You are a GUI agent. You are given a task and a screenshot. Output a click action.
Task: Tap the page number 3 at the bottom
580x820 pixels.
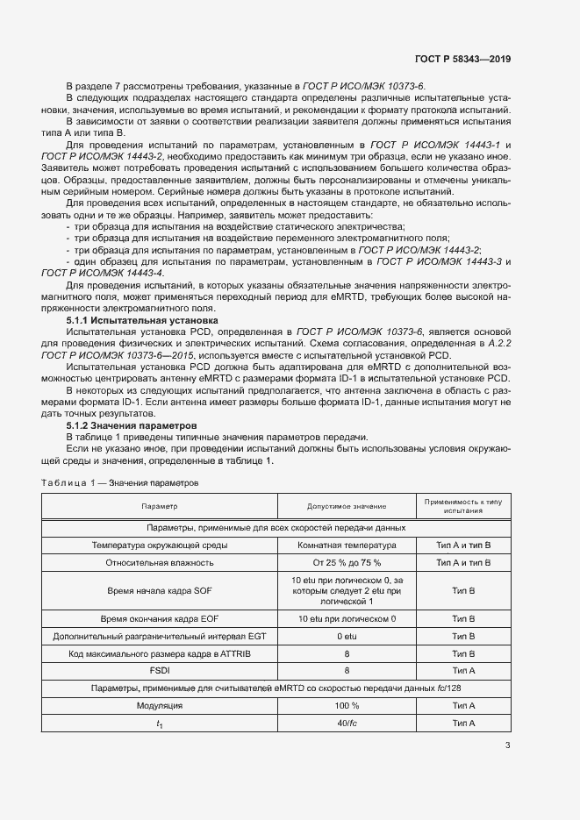coord(508,746)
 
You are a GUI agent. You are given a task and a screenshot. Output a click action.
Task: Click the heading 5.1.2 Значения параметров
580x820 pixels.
coord(126,425)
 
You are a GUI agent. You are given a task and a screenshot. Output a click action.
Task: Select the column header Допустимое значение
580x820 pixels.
coord(347,506)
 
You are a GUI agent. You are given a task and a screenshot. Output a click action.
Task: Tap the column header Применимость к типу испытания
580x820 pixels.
coord(462,506)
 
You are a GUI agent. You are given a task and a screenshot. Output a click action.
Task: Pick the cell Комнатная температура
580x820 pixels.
coord(347,545)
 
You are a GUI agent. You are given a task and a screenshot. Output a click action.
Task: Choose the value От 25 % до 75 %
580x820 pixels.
coord(347,564)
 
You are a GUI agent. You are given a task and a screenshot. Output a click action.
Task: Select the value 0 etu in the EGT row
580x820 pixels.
coord(347,636)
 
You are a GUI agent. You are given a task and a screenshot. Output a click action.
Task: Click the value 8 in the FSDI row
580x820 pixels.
coord(347,671)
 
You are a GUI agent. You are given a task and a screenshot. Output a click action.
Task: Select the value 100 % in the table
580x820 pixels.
coord(347,706)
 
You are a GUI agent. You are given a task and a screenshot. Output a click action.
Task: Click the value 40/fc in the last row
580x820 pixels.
coord(347,724)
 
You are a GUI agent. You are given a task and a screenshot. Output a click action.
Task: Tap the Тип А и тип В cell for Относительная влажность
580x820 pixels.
coord(462,564)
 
